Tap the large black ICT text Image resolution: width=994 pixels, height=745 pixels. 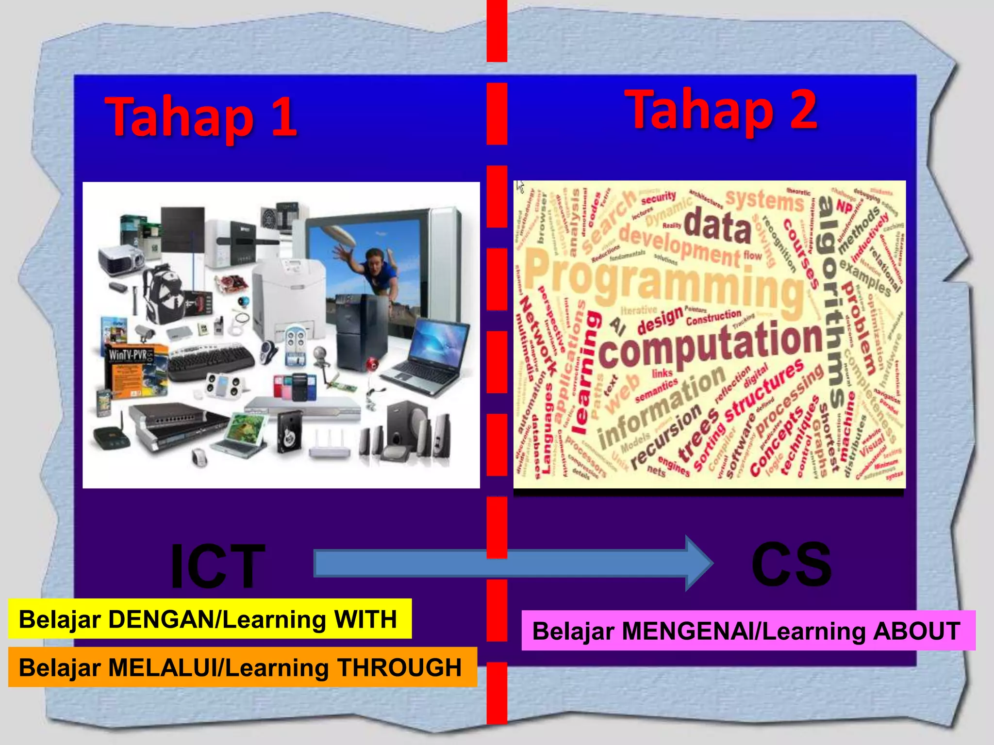[x=218, y=566]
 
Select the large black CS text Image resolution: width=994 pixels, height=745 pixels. [x=791, y=564]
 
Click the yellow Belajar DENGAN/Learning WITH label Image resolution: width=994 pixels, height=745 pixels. [x=209, y=619]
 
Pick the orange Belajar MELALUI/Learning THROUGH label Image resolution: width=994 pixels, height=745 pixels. [x=241, y=667]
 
